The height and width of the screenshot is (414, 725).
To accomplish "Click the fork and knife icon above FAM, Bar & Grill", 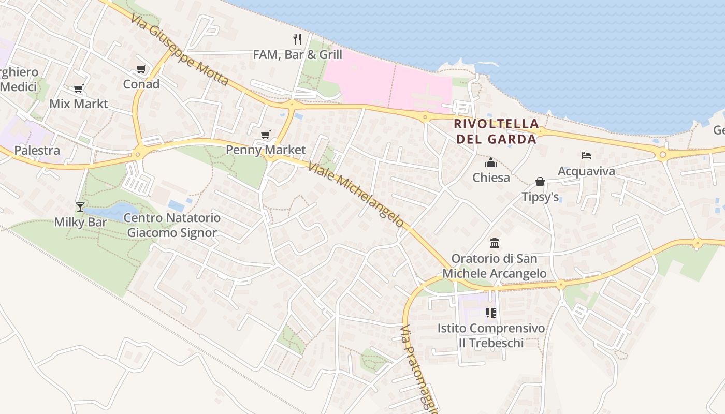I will pos(297,39).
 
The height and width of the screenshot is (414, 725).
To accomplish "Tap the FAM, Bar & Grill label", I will pos(297,54).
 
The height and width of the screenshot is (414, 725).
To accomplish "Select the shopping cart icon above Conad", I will pos(141,69).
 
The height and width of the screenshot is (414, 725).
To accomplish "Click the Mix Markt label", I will pos(79,103).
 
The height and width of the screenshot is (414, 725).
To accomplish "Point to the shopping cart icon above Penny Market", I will pos(266,135).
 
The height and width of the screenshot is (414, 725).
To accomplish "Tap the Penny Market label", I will pos(266,150).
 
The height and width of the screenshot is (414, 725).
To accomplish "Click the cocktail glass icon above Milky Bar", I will pos(80,207).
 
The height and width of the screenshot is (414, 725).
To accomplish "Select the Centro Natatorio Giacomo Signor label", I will pos(172,225).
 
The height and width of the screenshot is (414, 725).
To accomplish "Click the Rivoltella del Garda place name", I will pos(496,131).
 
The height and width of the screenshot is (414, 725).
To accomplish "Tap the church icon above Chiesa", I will pos(491,163).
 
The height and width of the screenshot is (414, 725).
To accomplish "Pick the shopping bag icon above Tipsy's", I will pos(540,182).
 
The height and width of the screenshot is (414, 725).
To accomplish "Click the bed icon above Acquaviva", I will pos(586,155).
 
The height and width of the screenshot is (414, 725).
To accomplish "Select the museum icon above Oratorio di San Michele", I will pos(495,243).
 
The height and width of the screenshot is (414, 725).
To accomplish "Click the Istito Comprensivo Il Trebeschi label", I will pos(491,335).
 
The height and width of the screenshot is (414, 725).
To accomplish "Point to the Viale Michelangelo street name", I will pos(355,195).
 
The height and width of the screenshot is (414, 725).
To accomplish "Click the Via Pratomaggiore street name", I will pos(419,368).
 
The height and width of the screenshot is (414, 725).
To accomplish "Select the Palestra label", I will pos(37,151).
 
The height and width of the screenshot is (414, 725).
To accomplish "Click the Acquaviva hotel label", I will pos(586,171).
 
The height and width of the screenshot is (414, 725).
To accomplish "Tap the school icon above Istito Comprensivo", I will pos(491,313).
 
